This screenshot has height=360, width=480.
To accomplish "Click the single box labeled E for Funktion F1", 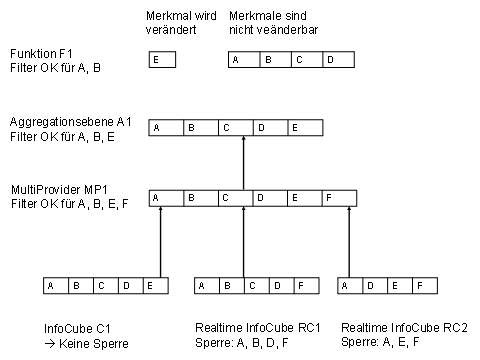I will point(161,61).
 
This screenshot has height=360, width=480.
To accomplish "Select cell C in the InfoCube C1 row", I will point(100,286).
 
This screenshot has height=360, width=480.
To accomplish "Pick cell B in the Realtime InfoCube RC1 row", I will point(228,286).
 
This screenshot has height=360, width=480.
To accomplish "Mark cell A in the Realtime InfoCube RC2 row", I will point(347,286).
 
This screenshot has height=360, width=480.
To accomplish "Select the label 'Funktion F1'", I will point(40,52).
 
